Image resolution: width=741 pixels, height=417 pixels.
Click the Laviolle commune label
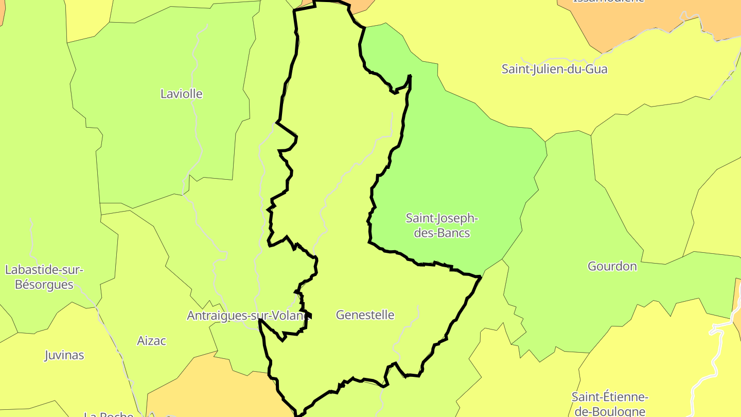click(181, 94)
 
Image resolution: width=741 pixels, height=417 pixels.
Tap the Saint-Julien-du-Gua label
click(554, 69)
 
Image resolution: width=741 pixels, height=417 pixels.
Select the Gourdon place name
click(612, 266)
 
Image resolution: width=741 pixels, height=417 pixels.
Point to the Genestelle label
click(365, 315)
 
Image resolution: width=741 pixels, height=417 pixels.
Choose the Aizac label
click(151, 341)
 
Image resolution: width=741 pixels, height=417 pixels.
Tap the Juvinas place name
click(64, 355)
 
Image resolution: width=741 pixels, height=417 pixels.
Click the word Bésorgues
click(44, 284)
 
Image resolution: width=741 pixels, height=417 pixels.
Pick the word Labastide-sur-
click(44, 270)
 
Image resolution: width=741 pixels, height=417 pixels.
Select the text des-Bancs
click(442, 233)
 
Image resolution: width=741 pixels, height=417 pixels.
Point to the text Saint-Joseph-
click(442, 218)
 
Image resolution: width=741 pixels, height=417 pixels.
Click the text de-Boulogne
click(610, 411)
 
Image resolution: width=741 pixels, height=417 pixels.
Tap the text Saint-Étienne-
click(610, 397)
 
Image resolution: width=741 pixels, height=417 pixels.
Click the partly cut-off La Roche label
click(109, 414)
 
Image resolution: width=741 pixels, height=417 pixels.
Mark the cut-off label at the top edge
click(608, 2)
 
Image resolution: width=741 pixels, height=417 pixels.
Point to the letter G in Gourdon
click(592, 266)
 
